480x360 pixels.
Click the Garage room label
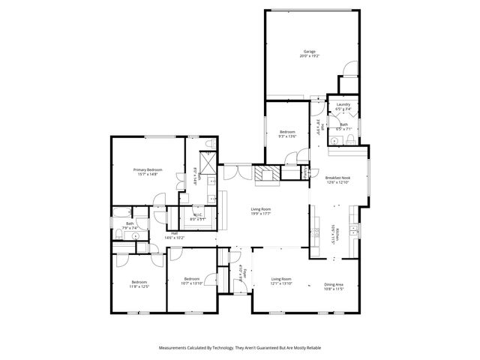pos(309,52)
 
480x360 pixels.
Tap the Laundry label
pos(343,104)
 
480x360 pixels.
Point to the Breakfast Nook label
pos(338,178)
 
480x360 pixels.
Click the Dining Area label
pos(334,284)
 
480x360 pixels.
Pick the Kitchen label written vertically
pos(338,233)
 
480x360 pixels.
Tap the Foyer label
pos(240,273)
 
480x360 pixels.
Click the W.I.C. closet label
pos(198,216)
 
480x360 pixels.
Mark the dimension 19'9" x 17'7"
pos(260,214)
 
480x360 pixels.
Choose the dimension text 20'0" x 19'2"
pos(309,57)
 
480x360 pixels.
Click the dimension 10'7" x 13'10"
pos(192,283)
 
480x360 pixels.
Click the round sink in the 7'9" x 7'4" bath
pos(134,235)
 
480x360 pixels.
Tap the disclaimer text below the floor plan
pos(240,347)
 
